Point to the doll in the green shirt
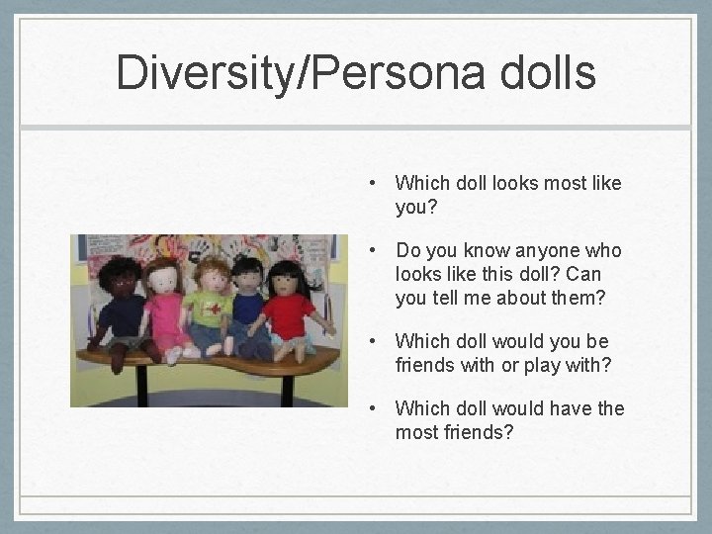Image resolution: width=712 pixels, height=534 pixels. tap(210, 309)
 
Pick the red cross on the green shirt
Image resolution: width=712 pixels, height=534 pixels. tap(214, 308)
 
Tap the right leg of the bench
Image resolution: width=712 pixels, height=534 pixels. tap(287, 388)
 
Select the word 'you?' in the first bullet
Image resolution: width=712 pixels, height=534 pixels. tap(415, 207)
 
